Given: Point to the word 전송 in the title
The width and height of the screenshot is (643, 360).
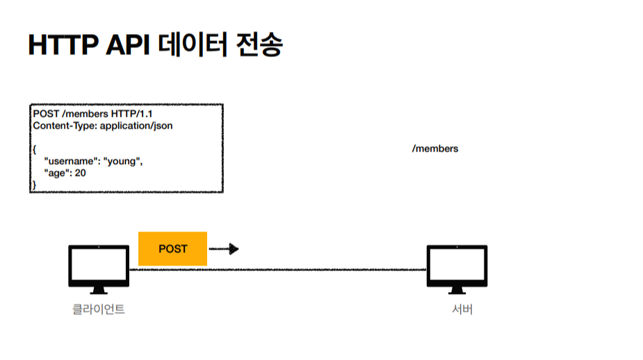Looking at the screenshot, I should click(259, 46).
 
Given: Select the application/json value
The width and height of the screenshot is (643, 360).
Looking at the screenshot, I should click(136, 126).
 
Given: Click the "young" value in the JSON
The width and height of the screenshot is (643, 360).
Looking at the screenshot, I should click(123, 161).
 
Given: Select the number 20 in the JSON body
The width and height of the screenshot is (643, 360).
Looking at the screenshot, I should click(81, 173).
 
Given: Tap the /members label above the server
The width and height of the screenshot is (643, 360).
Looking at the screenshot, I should click(435, 149).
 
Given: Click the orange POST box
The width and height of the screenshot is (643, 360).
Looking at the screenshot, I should click(173, 248).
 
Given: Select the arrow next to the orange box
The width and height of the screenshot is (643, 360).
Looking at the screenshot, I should click(224, 249).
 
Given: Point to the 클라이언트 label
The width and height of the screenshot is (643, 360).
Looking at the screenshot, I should click(99, 309).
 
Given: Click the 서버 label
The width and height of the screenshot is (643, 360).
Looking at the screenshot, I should click(462, 309).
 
